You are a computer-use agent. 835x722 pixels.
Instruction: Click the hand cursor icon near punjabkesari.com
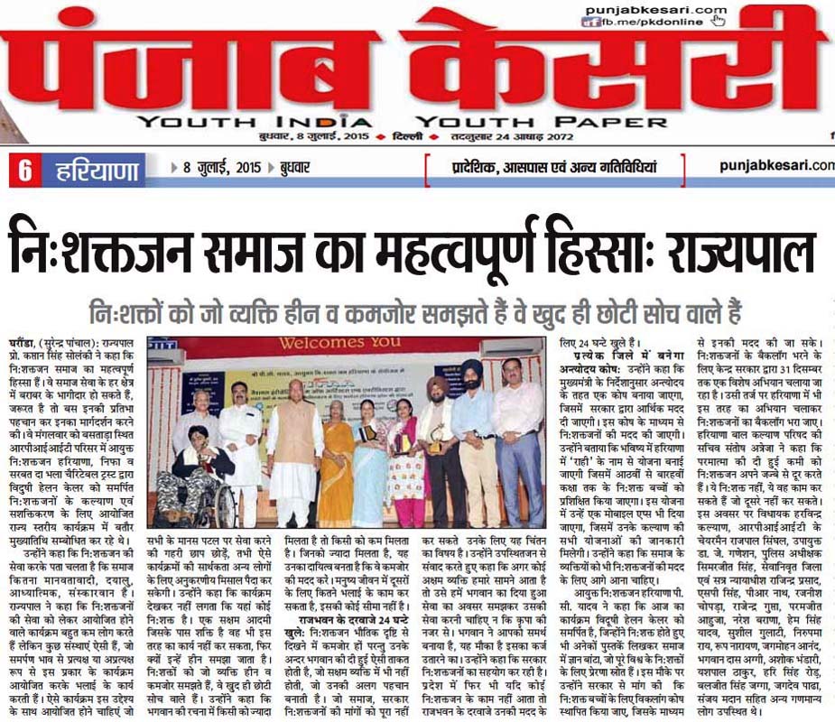click(719, 19)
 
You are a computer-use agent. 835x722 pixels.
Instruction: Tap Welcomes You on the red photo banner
click(352, 344)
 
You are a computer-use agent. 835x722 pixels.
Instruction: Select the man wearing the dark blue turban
click(470, 433)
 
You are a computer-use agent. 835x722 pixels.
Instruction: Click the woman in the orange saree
click(336, 451)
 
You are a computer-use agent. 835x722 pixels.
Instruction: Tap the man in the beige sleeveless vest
click(294, 442)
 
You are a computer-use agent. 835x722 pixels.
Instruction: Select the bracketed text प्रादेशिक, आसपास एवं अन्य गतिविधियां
click(554, 167)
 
